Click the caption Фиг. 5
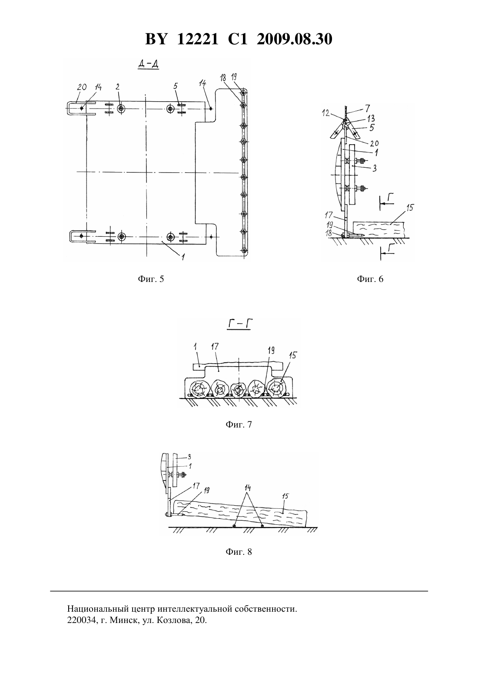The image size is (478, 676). click(x=151, y=279)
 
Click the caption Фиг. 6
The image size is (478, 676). click(x=370, y=279)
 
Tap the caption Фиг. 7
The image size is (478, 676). click(x=239, y=424)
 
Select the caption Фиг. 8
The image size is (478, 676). click(x=239, y=552)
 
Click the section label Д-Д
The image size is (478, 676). click(x=148, y=64)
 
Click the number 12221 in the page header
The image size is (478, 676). click(x=197, y=39)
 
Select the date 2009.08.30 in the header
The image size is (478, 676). click(x=295, y=39)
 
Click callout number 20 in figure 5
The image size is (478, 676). click(x=82, y=87)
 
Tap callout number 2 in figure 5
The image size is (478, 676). click(x=117, y=87)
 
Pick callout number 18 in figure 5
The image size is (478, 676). click(x=223, y=78)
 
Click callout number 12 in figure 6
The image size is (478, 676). click(x=325, y=113)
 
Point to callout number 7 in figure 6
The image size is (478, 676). click(x=367, y=108)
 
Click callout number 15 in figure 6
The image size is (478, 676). click(x=410, y=208)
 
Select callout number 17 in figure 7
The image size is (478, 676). click(x=215, y=346)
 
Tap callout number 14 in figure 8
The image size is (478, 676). click(x=248, y=488)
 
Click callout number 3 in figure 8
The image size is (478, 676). click(x=189, y=457)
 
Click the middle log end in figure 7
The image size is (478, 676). click(x=239, y=389)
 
